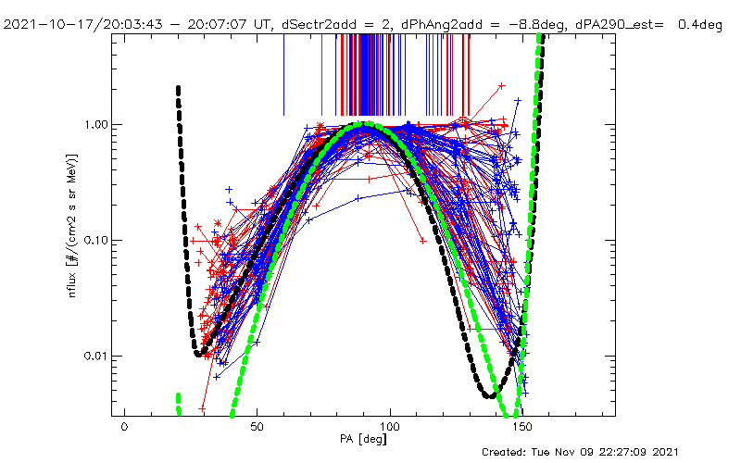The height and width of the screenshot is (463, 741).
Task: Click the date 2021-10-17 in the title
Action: (44, 25)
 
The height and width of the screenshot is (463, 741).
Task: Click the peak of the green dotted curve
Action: (367, 123)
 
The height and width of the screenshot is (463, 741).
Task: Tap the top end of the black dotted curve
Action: (178, 88)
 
